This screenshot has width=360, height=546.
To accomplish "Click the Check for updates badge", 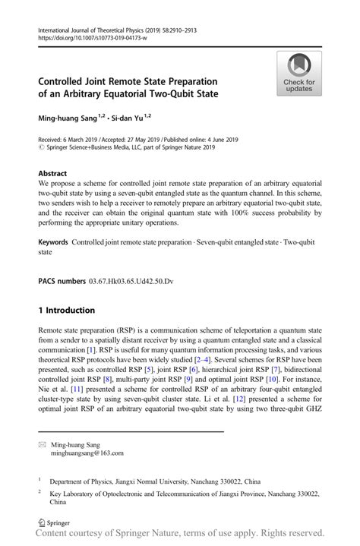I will [298, 73].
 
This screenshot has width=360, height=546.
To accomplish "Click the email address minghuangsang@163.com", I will [87, 453].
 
